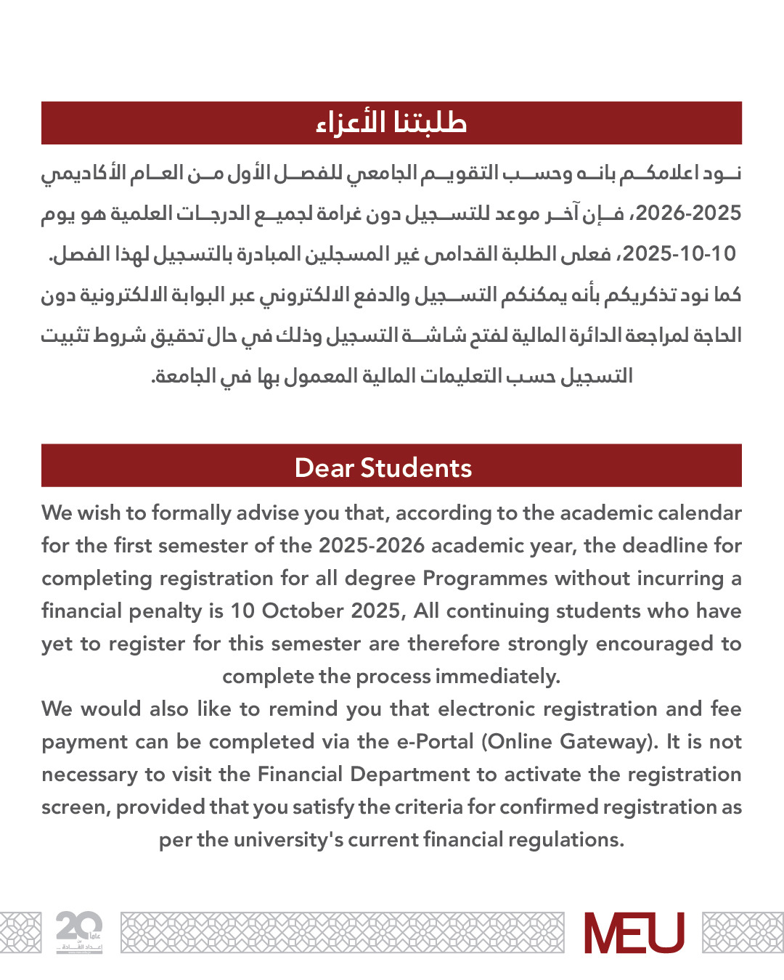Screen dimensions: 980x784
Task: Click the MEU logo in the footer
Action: point(634,933)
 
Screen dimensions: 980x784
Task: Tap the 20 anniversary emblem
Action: point(79,932)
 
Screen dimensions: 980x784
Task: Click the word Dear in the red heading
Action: point(324,468)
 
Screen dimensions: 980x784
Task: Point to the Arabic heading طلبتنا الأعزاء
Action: point(391,123)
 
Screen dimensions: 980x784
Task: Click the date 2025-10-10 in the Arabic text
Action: point(679,254)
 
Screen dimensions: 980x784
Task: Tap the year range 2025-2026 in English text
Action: point(371,546)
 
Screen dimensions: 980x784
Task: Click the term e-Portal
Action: point(435,742)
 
